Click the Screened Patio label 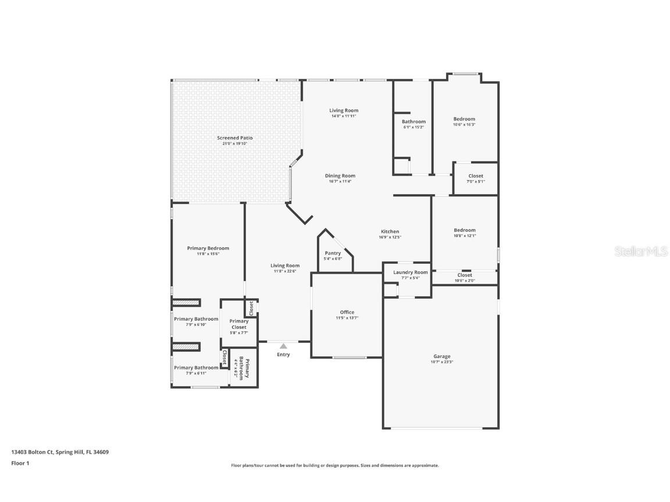[x=235, y=138]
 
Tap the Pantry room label [x=333, y=253]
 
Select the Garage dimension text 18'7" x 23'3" [x=441, y=362]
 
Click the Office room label [x=347, y=313]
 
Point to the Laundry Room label [x=410, y=272]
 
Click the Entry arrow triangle [x=283, y=346]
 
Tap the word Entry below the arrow [x=283, y=354]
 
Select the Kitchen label [x=390, y=231]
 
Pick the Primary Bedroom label [x=208, y=248]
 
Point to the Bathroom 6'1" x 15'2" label [x=414, y=122]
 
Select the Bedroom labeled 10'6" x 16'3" [x=464, y=119]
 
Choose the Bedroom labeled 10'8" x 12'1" [x=465, y=230]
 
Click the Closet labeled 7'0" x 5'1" [x=475, y=176]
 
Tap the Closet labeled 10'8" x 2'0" [x=465, y=275]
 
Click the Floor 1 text [x=20, y=463]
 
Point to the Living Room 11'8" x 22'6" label [x=285, y=266]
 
